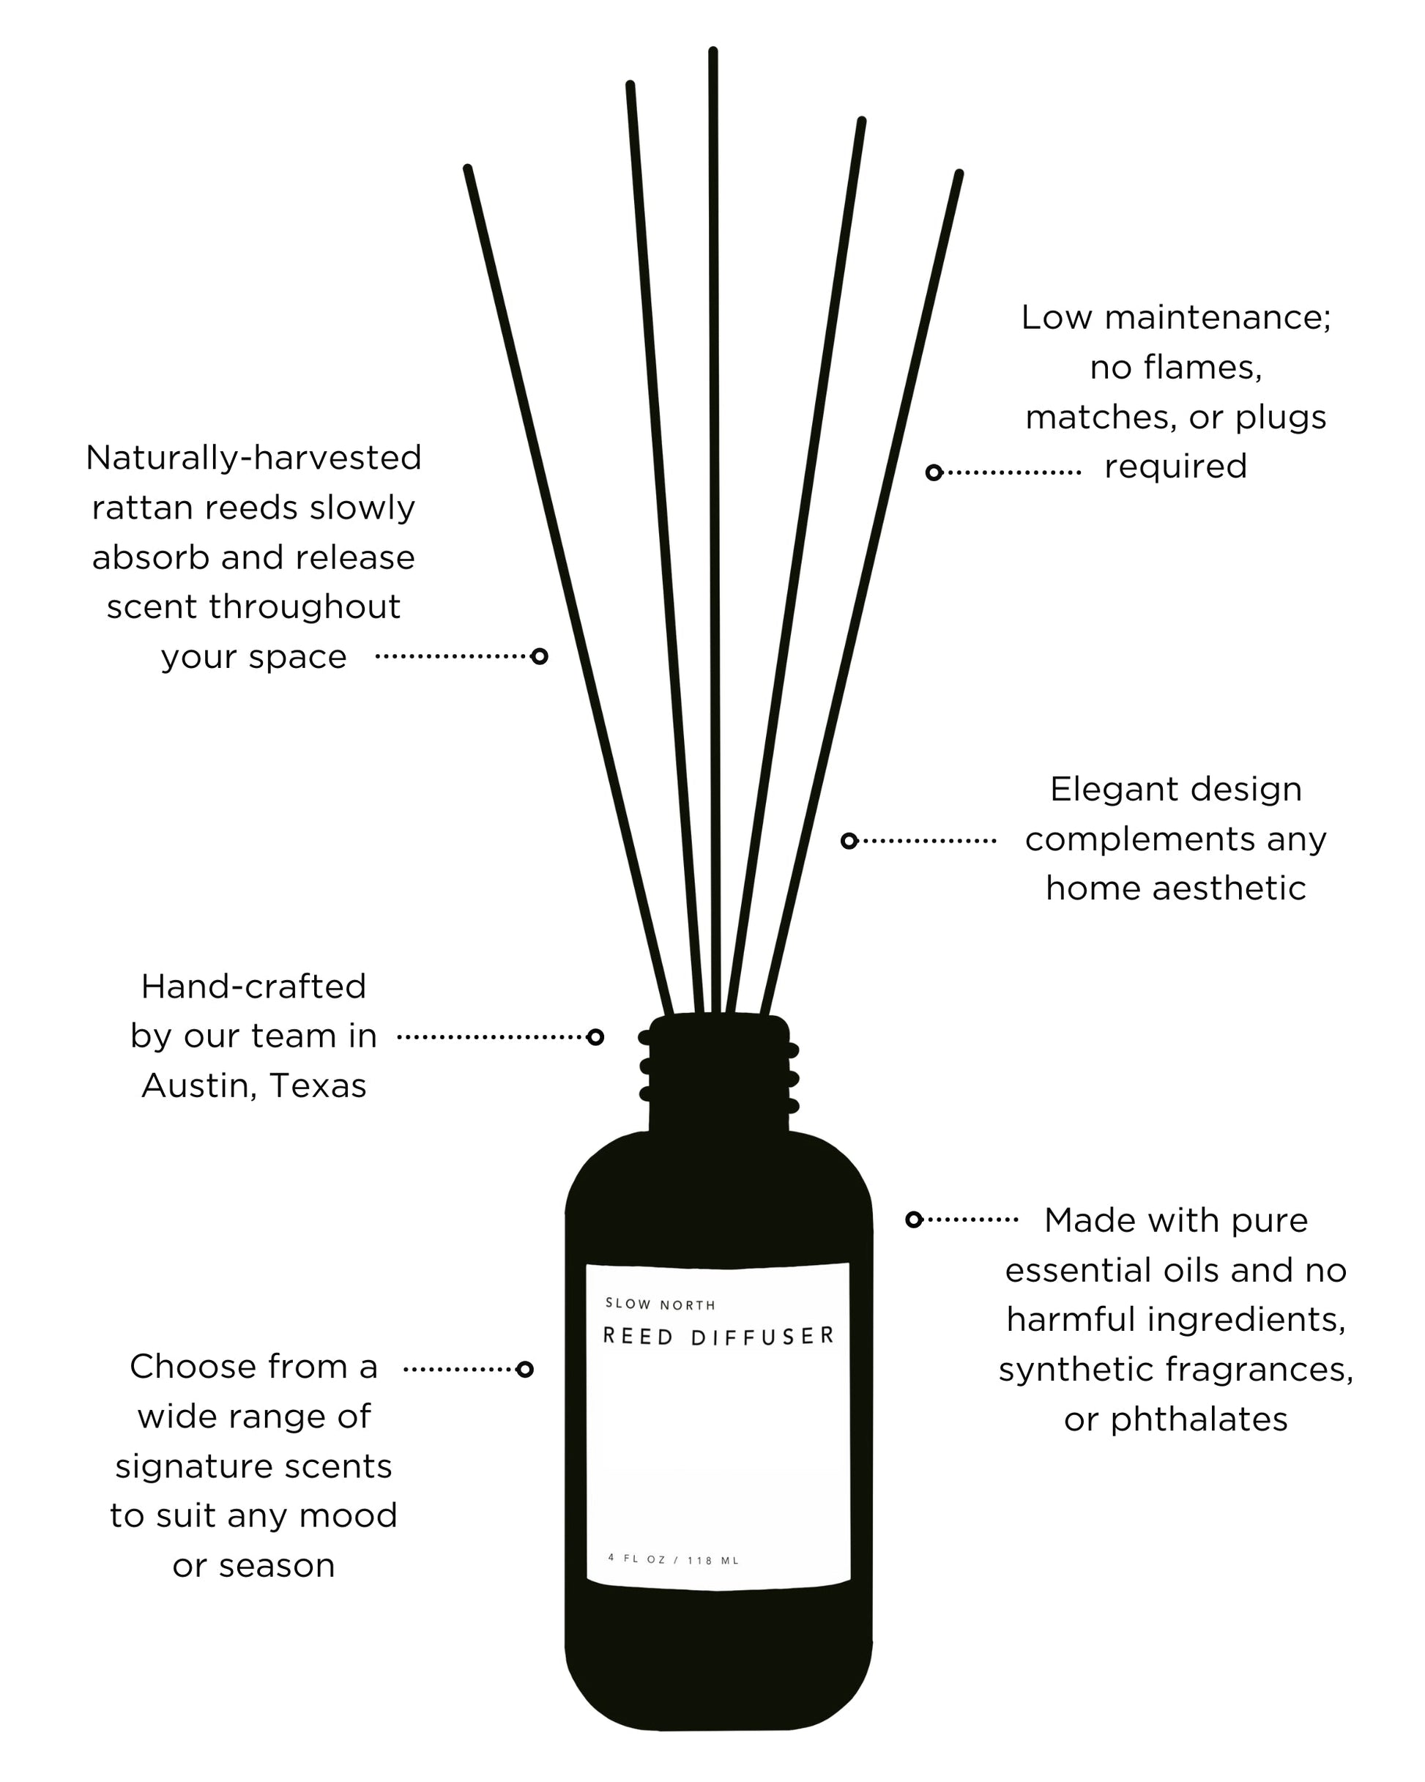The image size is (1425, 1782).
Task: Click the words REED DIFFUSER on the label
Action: coord(718,1337)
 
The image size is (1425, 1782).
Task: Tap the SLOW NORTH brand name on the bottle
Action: coord(660,1304)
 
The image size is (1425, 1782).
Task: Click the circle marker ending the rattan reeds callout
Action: coord(539,656)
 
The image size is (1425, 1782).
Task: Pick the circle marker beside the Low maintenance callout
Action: coord(934,472)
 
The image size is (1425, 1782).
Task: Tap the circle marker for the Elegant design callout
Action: coord(849,841)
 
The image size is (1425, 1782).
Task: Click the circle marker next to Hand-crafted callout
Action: coord(595,1036)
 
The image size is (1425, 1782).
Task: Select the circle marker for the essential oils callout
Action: coord(914,1219)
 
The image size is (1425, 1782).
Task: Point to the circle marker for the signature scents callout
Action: coord(524,1370)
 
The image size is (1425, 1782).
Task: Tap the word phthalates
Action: coord(1199,1419)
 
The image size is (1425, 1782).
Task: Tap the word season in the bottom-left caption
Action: coord(276,1565)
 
